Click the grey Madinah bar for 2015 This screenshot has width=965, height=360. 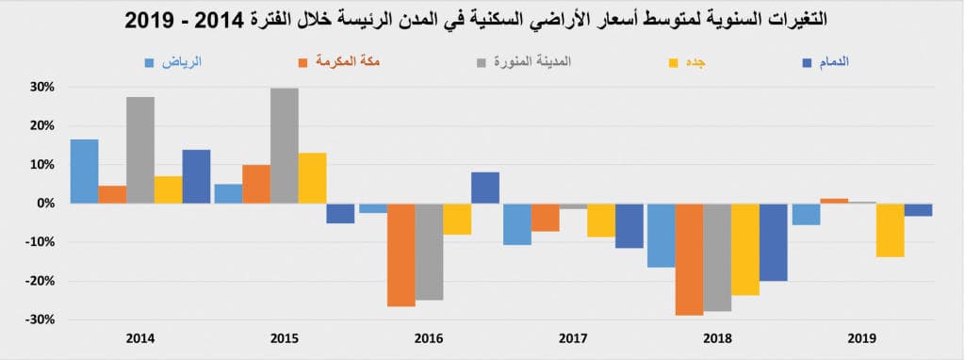pyautogui.click(x=285, y=146)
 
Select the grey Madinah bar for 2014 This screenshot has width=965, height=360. pyautogui.click(x=140, y=150)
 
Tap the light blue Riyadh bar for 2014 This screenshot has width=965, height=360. pyautogui.click(x=84, y=172)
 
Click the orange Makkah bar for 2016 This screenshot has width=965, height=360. pyautogui.click(x=401, y=254)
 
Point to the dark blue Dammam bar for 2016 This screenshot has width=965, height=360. pyautogui.click(x=485, y=188)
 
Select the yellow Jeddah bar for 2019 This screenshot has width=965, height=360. pyautogui.click(x=890, y=230)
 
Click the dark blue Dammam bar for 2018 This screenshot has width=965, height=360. pyautogui.click(x=774, y=242)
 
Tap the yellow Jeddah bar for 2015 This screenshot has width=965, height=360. pyautogui.click(x=313, y=178)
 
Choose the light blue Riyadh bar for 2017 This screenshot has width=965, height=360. pyautogui.click(x=516, y=224)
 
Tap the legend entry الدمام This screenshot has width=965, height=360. pyautogui.click(x=829, y=62)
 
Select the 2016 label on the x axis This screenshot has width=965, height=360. pyautogui.click(x=429, y=336)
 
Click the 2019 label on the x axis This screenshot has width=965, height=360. pyautogui.click(x=862, y=336)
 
